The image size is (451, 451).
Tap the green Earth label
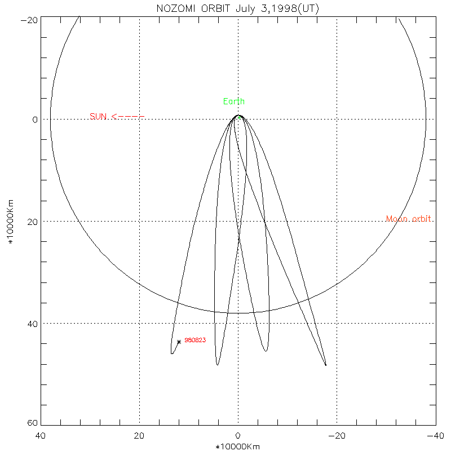pos(234,101)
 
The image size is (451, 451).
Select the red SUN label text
pos(98,117)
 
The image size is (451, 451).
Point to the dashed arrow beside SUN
pos(128,117)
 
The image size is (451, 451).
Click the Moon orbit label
pos(409,219)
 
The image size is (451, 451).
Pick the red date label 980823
pos(195,340)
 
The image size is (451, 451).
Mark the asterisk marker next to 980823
pos(179,342)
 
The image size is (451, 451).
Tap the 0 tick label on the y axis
pos(34,120)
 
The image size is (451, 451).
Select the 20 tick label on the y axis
pos(32,222)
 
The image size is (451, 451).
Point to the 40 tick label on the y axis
pos(32,324)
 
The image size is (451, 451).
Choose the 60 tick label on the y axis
pos(32,424)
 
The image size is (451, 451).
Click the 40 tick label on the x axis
pos(41,436)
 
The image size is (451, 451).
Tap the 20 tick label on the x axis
pos(139,436)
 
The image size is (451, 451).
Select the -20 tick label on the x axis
pos(337,436)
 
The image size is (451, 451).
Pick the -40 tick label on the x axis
pos(435,436)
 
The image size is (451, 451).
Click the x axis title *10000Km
pos(238,446)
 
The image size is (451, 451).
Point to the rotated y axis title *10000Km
pos(10,222)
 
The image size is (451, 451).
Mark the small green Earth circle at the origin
pos(238,117)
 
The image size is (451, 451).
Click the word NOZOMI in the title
pos(176,9)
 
